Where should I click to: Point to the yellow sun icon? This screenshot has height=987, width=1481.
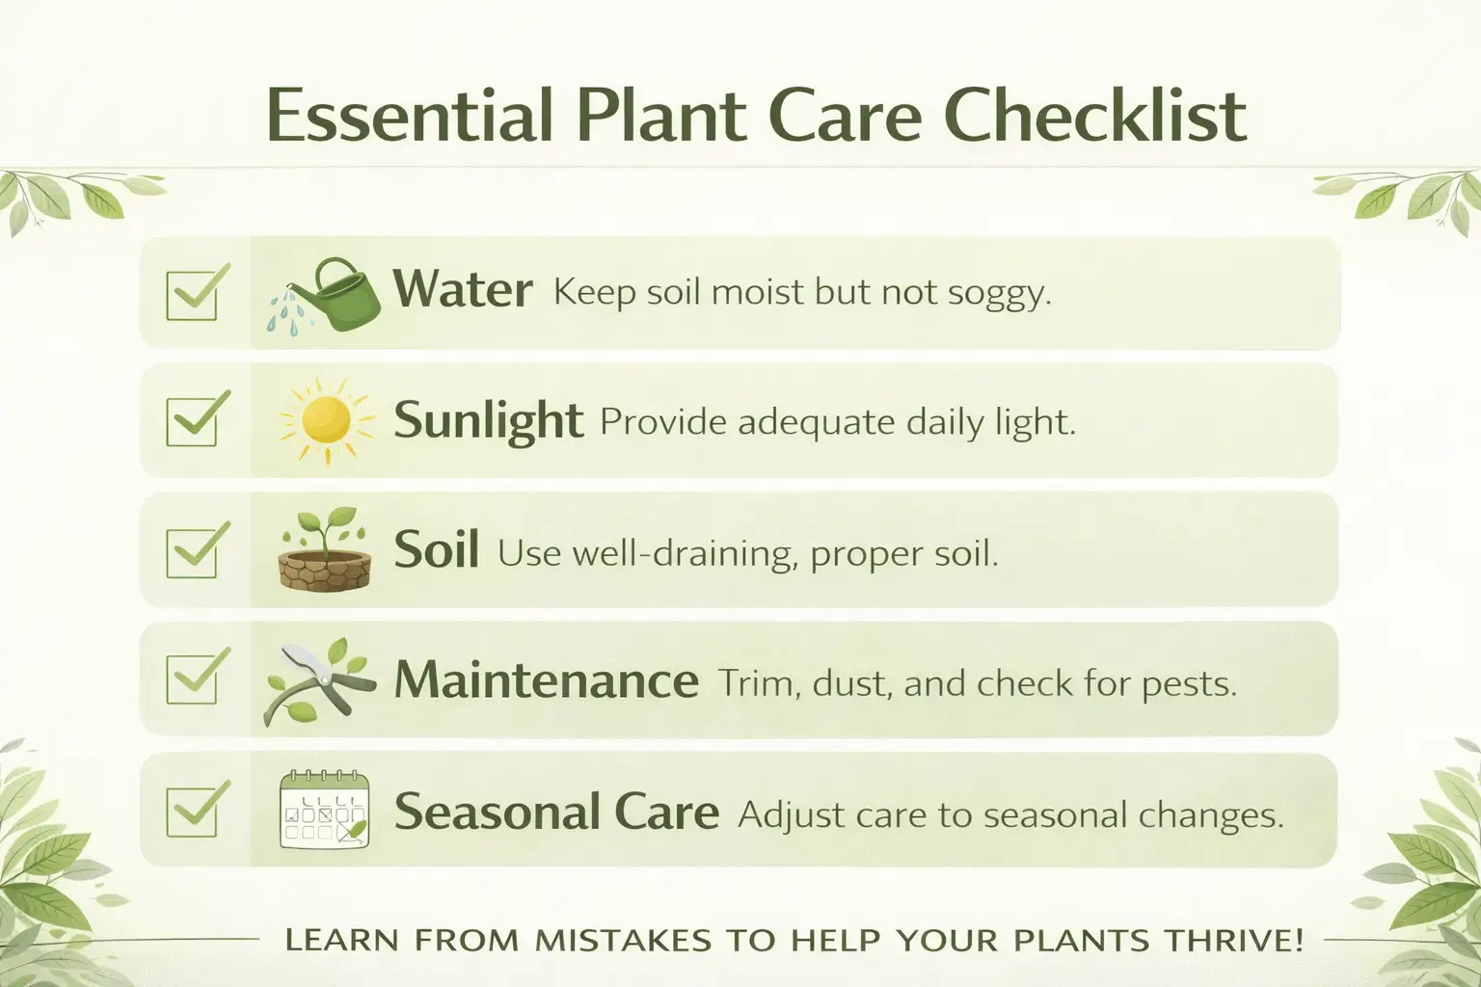[325, 420]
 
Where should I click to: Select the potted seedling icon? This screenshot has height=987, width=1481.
[325, 551]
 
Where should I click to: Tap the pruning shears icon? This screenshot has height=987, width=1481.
[319, 681]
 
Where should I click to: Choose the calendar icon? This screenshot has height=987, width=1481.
[324, 811]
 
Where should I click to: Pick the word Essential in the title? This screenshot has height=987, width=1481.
[409, 116]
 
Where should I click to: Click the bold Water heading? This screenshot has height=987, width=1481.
[462, 289]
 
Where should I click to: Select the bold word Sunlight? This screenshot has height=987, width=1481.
[488, 421]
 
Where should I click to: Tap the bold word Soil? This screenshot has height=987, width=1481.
[436, 549]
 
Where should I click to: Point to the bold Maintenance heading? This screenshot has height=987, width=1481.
[546, 680]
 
